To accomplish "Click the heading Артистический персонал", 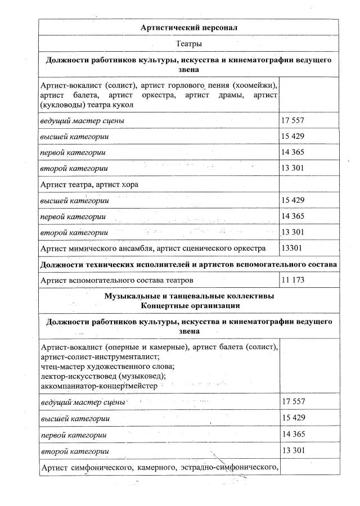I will click(x=189, y=27).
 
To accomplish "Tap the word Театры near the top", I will click(x=189, y=43).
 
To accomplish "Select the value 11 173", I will click(x=293, y=279).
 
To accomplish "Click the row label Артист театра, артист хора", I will click(x=89, y=184).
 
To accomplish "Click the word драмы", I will click(x=231, y=95).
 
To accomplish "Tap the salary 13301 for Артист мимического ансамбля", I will click(x=292, y=248).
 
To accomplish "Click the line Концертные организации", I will click(x=189, y=305).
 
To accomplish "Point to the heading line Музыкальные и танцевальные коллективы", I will click(x=189, y=296).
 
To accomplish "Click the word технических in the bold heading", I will click(x=114, y=264).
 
